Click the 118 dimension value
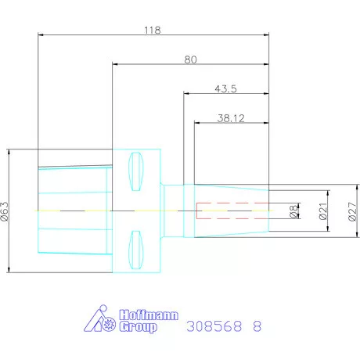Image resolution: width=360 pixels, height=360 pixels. point(152,30)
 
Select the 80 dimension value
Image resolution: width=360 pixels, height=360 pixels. point(190,59)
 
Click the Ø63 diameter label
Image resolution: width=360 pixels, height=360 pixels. point(6,211)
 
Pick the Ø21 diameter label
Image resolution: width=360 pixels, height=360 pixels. point(321,211)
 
